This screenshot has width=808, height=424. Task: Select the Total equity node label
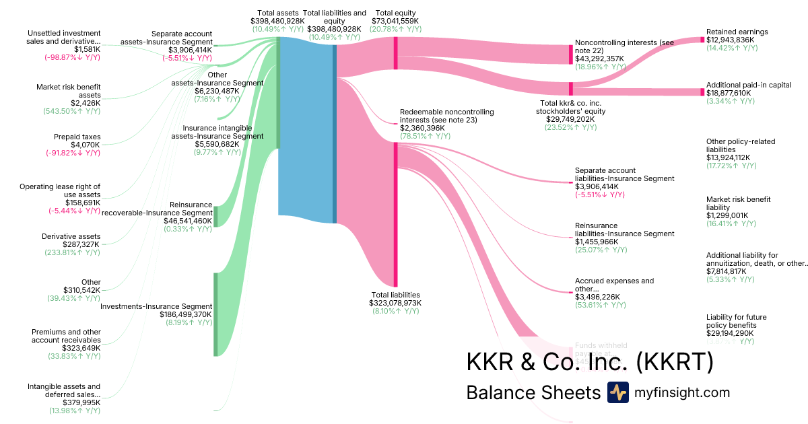pyautogui.click(x=397, y=13)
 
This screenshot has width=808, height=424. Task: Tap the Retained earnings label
pyautogui.click(x=737, y=32)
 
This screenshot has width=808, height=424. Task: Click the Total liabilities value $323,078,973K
pyautogui.click(x=396, y=303)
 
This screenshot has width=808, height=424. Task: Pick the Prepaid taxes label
pyautogui.click(x=77, y=137)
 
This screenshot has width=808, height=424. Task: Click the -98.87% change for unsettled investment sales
pyautogui.click(x=69, y=58)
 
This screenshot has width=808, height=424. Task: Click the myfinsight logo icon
pyautogui.click(x=617, y=392)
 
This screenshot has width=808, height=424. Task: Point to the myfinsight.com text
pyautogui.click(x=681, y=392)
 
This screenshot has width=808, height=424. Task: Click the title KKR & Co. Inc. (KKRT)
pyautogui.click(x=589, y=362)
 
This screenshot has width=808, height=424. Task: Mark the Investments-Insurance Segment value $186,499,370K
pyautogui.click(x=186, y=314)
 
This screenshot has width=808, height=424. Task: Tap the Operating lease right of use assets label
pyautogui.click(x=60, y=190)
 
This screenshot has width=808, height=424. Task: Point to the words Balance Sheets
pyautogui.click(x=533, y=393)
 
